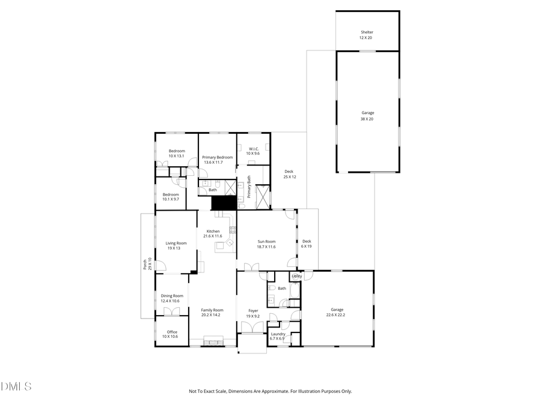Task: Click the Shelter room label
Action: pos(367,32)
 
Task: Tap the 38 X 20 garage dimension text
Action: pos(367,119)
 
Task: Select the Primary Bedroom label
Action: pos(217,157)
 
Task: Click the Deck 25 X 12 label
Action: pos(289,172)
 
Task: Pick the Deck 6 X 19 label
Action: pos(307,241)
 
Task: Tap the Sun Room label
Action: pos(266,241)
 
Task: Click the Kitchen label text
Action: pos(213,231)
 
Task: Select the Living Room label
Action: pos(176,243)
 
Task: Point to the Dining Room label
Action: pos(172,295)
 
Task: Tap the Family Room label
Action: pos(212,310)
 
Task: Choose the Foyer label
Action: pos(253,310)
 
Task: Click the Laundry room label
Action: pos(278,334)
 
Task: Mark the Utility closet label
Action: pos(296,276)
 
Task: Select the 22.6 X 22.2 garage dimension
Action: pos(335,314)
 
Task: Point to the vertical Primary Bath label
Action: pos(249,187)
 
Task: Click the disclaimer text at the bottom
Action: pos(270,391)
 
